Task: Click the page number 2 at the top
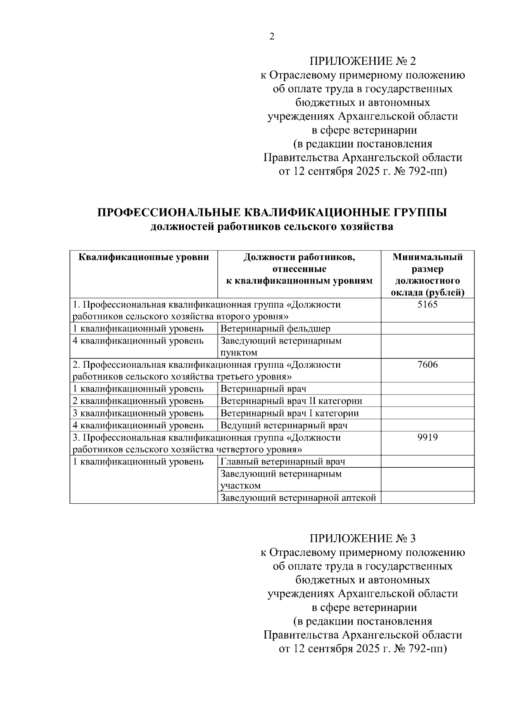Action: (x=272, y=37)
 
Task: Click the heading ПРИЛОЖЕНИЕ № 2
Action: (x=363, y=61)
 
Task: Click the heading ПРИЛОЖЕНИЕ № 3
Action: (x=363, y=539)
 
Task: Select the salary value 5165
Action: (x=427, y=305)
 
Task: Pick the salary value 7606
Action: (x=427, y=365)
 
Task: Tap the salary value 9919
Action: (x=427, y=437)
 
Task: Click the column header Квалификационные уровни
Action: (x=144, y=257)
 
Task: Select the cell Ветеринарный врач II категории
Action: (x=291, y=401)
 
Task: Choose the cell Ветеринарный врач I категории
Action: (x=290, y=413)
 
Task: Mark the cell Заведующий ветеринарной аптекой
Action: (x=298, y=498)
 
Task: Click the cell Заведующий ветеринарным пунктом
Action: (x=281, y=346)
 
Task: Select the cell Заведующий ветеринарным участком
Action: (x=281, y=479)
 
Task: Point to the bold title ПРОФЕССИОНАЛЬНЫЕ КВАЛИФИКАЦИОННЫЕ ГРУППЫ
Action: (x=272, y=212)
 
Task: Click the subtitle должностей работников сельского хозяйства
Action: (x=272, y=227)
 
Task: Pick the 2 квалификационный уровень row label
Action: (x=138, y=401)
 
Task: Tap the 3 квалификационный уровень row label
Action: (x=138, y=413)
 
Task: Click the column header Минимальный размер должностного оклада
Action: (x=427, y=275)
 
